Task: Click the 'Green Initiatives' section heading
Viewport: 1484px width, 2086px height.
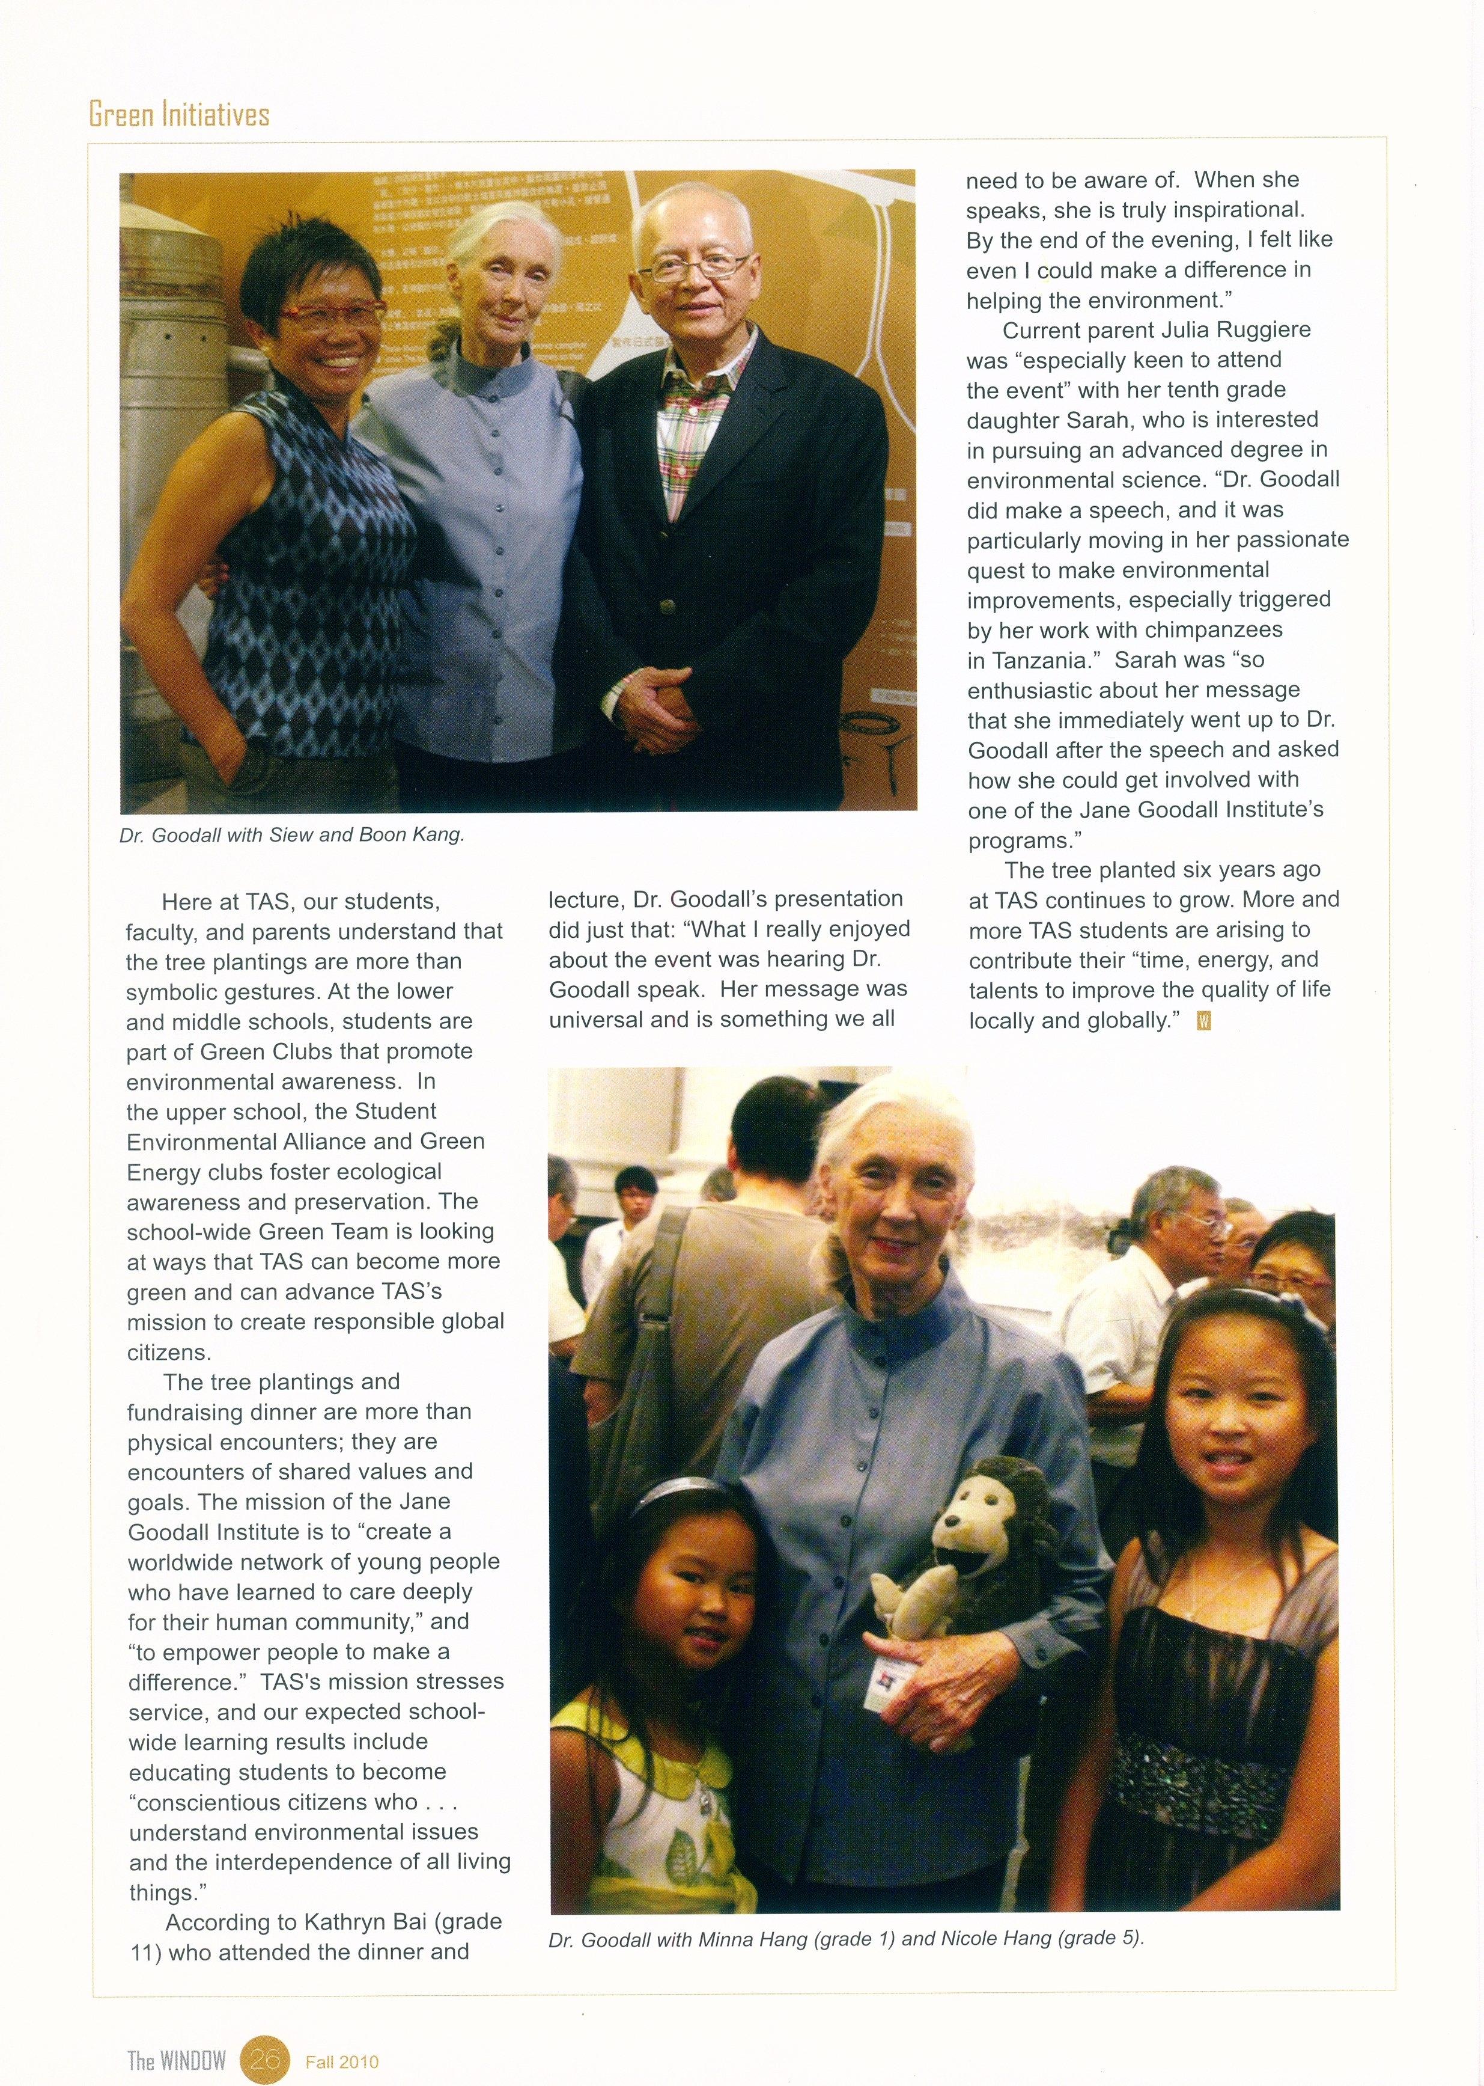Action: tap(179, 114)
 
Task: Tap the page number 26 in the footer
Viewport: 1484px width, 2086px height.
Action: tap(264, 2033)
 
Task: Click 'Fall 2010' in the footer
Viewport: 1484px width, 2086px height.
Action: tap(342, 2036)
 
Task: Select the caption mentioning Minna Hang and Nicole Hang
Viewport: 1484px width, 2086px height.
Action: tap(846, 1937)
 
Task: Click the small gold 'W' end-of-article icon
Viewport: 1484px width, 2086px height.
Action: tap(1203, 1022)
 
